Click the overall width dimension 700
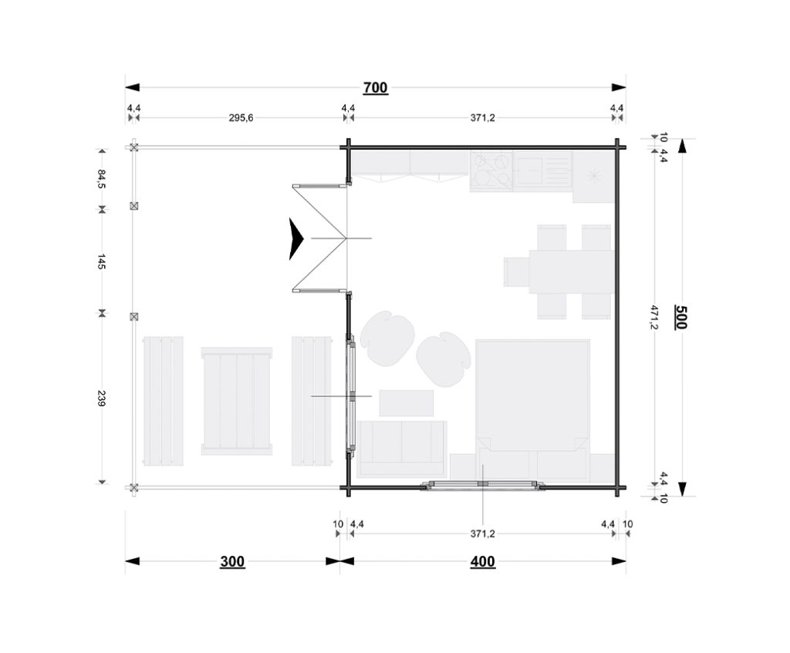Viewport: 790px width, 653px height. tap(376, 88)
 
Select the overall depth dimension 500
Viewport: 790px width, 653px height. tap(681, 317)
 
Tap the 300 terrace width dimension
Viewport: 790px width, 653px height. tap(232, 561)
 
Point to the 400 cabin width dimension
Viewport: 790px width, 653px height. tap(483, 561)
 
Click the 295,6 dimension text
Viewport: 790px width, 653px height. tap(241, 118)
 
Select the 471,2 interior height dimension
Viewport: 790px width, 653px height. tap(654, 317)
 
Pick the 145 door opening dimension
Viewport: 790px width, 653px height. tap(101, 261)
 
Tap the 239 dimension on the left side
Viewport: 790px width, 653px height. tap(101, 399)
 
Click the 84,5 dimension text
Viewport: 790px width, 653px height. tap(101, 179)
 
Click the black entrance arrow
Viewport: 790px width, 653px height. tap(295, 239)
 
